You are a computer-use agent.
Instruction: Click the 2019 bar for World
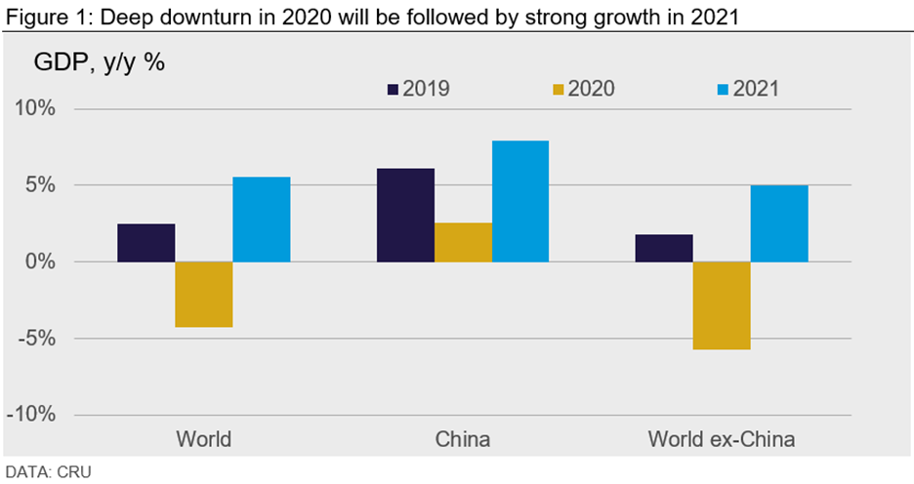click(x=145, y=243)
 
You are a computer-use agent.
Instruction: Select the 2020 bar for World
click(x=203, y=295)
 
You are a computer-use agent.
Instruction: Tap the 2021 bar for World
click(x=261, y=220)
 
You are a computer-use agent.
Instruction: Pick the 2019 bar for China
click(x=405, y=216)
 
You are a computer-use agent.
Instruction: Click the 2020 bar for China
click(x=463, y=243)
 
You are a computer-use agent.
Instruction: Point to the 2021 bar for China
click(x=520, y=202)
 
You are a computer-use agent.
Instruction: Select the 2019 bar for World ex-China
click(x=664, y=249)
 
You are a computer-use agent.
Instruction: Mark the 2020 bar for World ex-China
click(x=722, y=305)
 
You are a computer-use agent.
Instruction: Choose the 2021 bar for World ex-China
click(x=779, y=223)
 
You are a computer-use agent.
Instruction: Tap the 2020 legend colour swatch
click(x=558, y=89)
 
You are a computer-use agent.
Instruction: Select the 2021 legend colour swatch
click(x=723, y=89)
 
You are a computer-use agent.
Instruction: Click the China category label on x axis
click(x=463, y=439)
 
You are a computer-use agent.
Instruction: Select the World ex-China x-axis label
click(x=722, y=439)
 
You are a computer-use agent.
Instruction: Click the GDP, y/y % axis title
click(x=100, y=63)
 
